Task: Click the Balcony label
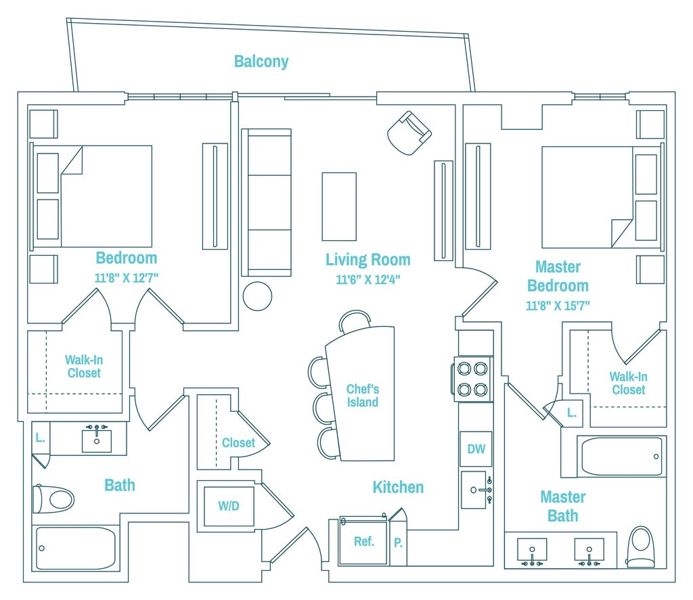point(261,62)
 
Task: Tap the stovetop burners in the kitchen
point(472,379)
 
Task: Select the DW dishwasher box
point(476,449)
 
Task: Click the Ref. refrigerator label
point(363,541)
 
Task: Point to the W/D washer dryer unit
point(229,506)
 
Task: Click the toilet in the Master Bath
point(640,547)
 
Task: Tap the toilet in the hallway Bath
point(53,499)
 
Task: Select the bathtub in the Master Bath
point(622,457)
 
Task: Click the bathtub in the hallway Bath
point(76,548)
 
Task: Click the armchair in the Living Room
point(409,133)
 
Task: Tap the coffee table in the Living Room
point(339,206)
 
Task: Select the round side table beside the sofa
point(257,296)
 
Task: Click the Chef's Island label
point(363,396)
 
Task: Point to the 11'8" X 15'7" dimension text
point(558,305)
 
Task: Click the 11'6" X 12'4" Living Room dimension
point(367,279)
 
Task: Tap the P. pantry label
point(398,542)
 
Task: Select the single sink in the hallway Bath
point(97,440)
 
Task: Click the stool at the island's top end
point(355,321)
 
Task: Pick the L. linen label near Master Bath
point(571,413)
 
